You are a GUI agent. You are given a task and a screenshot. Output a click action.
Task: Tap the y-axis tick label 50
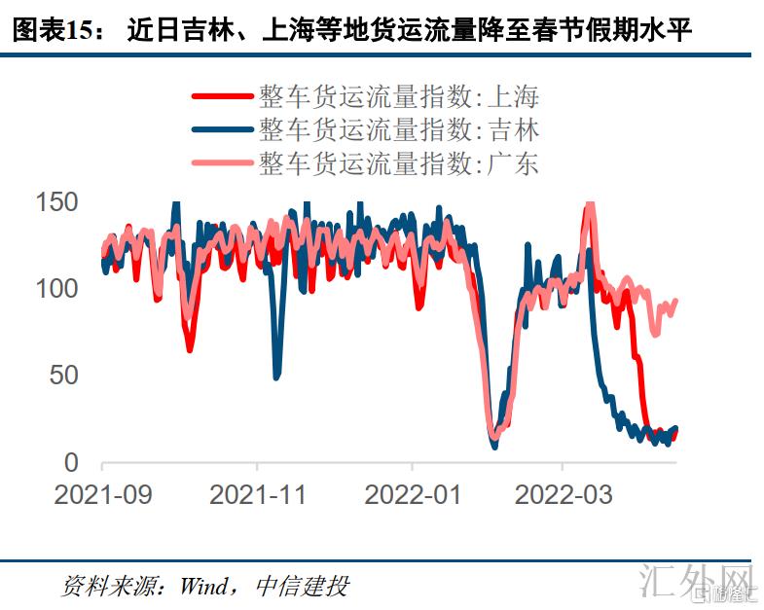(x=63, y=376)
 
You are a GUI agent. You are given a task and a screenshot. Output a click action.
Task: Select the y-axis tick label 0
(x=70, y=462)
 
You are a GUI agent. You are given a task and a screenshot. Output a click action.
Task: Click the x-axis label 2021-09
(x=103, y=494)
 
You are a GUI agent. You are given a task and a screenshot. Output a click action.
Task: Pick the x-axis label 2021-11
(x=258, y=494)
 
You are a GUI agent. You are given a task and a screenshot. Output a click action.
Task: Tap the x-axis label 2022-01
(x=413, y=494)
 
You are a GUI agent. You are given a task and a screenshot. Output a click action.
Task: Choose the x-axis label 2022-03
(x=564, y=494)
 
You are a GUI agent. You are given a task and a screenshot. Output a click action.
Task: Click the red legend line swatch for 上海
(x=222, y=96)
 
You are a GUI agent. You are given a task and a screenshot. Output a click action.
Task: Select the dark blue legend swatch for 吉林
(x=222, y=129)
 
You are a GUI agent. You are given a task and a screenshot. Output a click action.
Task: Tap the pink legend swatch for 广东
(x=222, y=162)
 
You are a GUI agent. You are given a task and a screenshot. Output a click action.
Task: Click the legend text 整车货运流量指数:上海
(x=398, y=96)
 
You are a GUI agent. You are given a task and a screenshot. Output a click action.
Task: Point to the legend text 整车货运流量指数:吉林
(x=398, y=129)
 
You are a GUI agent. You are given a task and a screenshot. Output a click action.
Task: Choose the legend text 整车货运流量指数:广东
(x=398, y=162)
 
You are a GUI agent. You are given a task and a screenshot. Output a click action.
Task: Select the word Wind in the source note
(x=201, y=586)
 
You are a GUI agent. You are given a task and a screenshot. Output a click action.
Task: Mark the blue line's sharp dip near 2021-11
(x=276, y=375)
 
